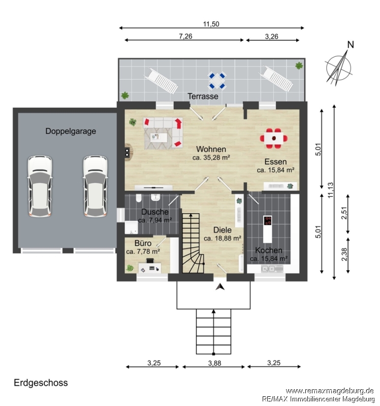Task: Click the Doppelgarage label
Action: [71, 131]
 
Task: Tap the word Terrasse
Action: [203, 96]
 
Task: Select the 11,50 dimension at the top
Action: [211, 24]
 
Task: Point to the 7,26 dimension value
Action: [185, 36]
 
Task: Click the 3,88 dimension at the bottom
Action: [214, 363]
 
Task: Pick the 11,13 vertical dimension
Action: [331, 190]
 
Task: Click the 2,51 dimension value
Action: [344, 213]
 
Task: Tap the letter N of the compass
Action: [351, 45]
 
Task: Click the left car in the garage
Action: [40, 186]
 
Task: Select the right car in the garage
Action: [96, 186]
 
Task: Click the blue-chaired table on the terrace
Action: [217, 81]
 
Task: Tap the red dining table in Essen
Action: [274, 139]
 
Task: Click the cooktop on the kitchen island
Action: [268, 221]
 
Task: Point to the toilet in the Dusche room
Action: [139, 198]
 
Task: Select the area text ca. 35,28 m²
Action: [211, 157]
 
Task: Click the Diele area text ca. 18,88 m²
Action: [223, 238]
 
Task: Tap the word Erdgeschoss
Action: [41, 383]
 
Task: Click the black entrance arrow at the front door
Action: [220, 287]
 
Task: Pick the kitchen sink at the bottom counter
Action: [268, 269]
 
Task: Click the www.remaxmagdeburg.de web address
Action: [330, 391]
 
